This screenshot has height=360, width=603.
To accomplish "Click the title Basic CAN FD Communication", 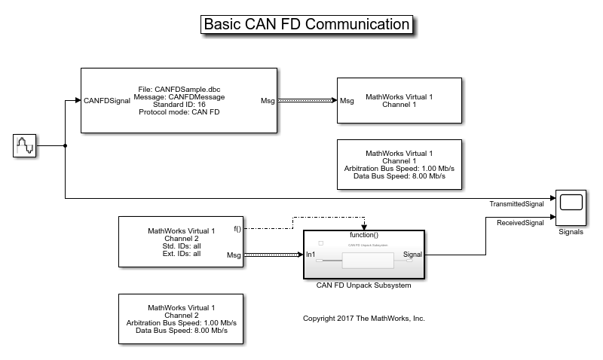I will (x=308, y=24).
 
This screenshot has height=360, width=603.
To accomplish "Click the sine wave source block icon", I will (x=25, y=145).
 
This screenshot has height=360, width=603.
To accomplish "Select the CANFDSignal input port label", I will (x=107, y=100).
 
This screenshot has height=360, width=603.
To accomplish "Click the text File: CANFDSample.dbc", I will (x=179, y=88).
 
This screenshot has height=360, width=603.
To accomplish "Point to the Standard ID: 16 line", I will (x=179, y=105).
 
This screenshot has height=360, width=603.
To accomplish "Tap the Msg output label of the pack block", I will (x=268, y=100).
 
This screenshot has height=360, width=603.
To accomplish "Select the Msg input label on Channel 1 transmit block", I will (x=347, y=100).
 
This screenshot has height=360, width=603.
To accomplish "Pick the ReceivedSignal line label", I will (x=521, y=222).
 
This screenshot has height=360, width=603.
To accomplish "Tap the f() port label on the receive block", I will (x=237, y=228).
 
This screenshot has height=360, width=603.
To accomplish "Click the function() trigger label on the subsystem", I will (x=364, y=235).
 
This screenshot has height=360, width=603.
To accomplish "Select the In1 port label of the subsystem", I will (x=311, y=255).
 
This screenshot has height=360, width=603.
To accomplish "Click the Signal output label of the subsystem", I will (x=412, y=255).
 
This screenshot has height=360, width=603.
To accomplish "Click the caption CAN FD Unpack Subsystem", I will (x=364, y=285).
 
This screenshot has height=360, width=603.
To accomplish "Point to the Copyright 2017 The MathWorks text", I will (x=364, y=319).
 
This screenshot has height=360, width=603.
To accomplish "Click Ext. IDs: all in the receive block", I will (x=181, y=254).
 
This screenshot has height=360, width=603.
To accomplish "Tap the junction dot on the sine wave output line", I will (x=66, y=145).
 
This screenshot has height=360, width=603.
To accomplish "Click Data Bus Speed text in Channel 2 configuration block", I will (x=181, y=331).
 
